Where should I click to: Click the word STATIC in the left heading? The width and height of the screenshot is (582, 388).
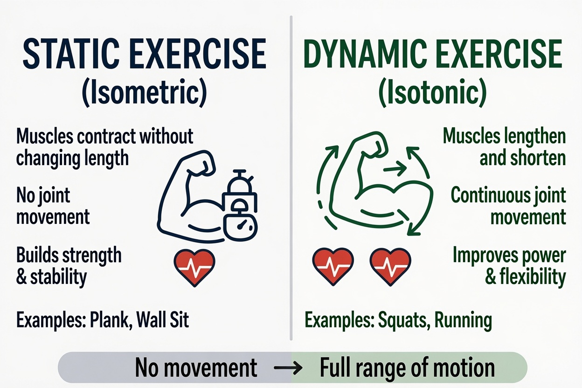(x=71, y=54)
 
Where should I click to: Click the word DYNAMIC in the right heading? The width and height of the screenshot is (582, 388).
(x=365, y=54)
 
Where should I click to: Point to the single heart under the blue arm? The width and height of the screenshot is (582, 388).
(x=194, y=267)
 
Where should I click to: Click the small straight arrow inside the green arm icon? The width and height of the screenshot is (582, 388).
(x=395, y=168)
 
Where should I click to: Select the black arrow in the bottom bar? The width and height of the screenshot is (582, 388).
(x=288, y=367)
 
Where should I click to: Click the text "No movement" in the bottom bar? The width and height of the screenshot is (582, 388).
(x=196, y=367)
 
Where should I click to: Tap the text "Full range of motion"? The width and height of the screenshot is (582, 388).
(x=407, y=367)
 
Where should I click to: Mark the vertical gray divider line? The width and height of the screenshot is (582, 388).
(x=291, y=178)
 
